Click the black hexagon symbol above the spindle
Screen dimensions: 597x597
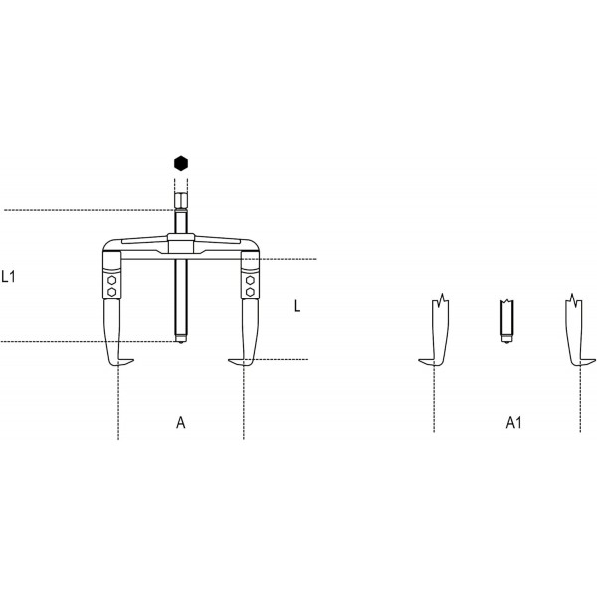pyautogui.click(x=181, y=163)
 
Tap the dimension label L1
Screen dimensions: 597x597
pyautogui.click(x=8, y=276)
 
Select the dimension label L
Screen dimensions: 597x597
pyautogui.click(x=297, y=306)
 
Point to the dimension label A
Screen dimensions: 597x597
pyautogui.click(x=181, y=422)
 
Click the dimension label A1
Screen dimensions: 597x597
pyautogui.click(x=513, y=422)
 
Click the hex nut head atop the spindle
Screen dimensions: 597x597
pyautogui.click(x=181, y=200)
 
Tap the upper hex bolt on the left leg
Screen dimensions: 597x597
pyautogui.click(x=111, y=281)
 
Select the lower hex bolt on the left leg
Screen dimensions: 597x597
pyautogui.click(x=111, y=292)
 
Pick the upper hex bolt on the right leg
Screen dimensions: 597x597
pyautogui.click(x=250, y=281)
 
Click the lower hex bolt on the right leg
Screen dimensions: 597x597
pyautogui.click(x=250, y=292)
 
